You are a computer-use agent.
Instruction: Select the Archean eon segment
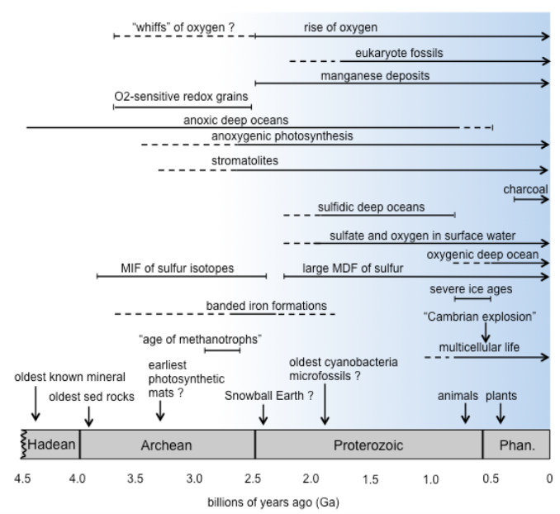(167, 445)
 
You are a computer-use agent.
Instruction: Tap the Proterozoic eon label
(368, 445)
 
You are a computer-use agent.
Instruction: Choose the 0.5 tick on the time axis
(490, 478)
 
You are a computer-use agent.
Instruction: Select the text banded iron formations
(266, 305)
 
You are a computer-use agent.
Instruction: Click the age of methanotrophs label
(200, 339)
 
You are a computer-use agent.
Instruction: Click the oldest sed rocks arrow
(89, 416)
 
